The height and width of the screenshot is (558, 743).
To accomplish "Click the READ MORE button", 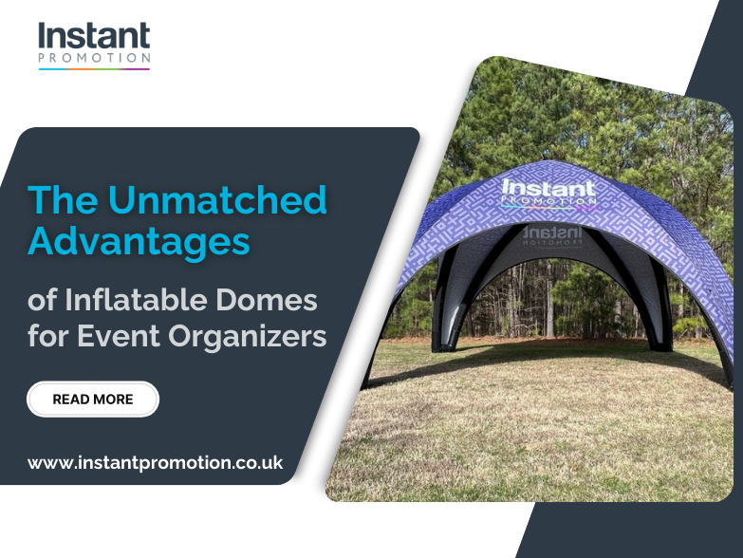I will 93,400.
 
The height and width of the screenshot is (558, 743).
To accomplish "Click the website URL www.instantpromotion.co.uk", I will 156,463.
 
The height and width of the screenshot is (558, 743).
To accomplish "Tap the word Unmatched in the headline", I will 217,200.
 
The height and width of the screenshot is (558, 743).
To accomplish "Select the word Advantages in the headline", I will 139,240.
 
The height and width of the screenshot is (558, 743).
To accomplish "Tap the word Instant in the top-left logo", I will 94,38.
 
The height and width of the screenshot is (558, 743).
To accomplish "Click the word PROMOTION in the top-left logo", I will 94,59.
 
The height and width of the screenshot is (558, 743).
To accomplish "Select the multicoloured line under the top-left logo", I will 94,69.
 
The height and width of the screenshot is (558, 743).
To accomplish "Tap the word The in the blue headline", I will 63,200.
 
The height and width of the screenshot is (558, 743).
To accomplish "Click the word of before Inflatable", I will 42,303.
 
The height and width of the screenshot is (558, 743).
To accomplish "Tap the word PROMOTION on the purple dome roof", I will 550,201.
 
